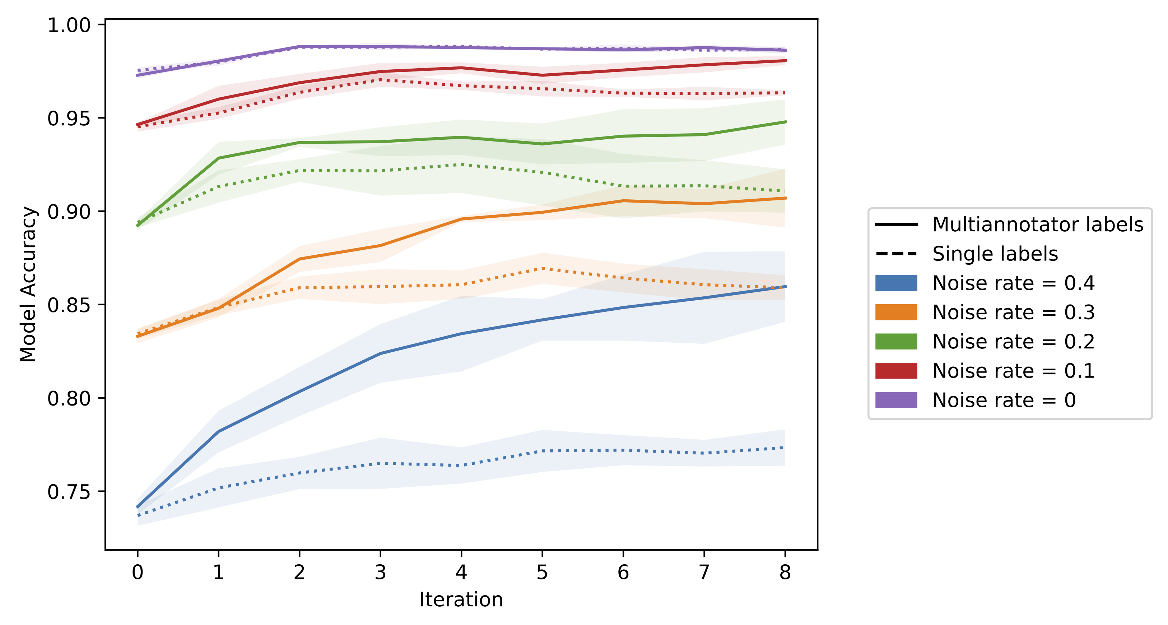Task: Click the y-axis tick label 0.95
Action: point(69,119)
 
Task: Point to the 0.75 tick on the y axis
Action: point(69,492)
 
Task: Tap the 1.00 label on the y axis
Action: point(69,26)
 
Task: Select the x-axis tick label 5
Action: point(542,573)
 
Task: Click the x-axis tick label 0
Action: point(138,573)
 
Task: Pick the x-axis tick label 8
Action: point(785,573)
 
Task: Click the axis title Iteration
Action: point(461,599)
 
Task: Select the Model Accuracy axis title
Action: point(28,284)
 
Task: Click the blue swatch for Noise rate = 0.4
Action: point(896,283)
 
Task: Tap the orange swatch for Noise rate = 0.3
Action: point(896,312)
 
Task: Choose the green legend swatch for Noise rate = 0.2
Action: point(896,342)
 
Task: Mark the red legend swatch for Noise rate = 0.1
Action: point(896,371)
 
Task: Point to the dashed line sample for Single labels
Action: point(896,254)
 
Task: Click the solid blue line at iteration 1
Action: point(219,431)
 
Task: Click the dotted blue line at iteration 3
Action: point(380,463)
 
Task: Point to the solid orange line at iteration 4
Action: point(461,219)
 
